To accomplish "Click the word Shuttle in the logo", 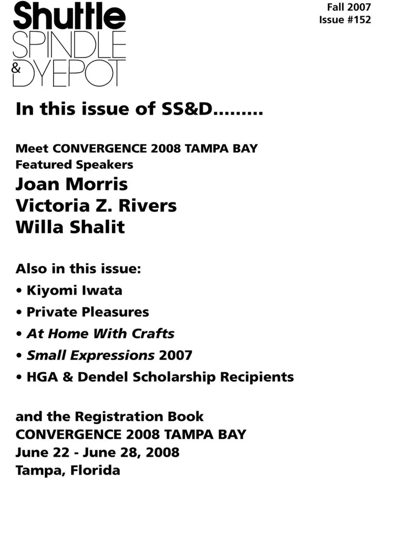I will [x=69, y=17].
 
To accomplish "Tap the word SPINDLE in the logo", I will [x=69, y=44].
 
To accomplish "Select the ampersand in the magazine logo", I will [x=16, y=68].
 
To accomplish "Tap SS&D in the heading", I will [x=187, y=109].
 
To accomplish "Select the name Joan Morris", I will [x=71, y=184].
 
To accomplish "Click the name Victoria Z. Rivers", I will [x=96, y=205].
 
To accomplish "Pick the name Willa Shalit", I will [x=70, y=227].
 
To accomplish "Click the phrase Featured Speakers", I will [x=74, y=165].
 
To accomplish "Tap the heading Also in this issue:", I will [x=78, y=269].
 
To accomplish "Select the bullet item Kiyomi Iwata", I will [x=74, y=290].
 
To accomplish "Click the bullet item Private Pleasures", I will [x=88, y=312].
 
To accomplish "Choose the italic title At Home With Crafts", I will [x=101, y=334].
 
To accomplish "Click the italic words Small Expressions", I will [x=91, y=355].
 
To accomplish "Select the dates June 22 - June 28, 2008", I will [x=97, y=452].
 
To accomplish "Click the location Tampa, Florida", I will [x=68, y=470].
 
